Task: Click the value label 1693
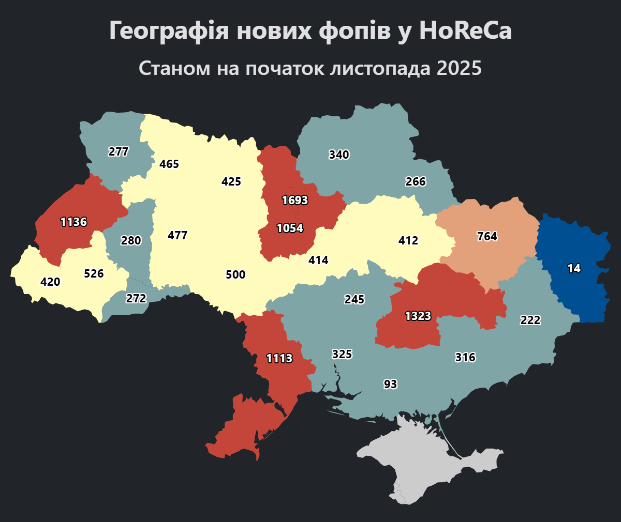coord(295,200)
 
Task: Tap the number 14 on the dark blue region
coord(574,268)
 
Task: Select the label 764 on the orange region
coord(487,236)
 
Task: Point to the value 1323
coord(418,316)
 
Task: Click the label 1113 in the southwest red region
coord(279,358)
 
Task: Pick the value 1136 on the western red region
coord(73,222)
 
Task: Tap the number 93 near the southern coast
coord(390,384)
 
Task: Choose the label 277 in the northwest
coord(119,151)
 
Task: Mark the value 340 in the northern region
coord(339,155)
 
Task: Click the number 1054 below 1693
coord(290,228)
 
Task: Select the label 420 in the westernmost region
coord(50,282)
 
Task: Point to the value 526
coord(94,273)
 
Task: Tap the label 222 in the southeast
coord(530,320)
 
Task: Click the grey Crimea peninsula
coord(424,460)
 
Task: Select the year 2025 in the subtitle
coord(459,68)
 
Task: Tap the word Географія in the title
coord(169,30)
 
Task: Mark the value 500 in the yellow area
coord(235,274)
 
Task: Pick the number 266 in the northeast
coord(416,181)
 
